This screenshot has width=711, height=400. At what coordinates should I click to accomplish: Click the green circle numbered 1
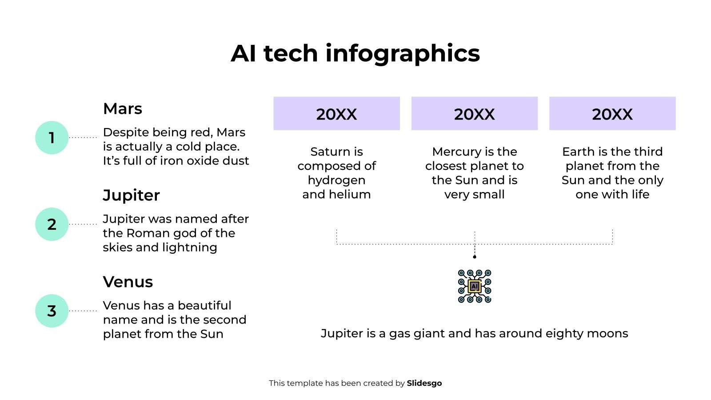pyautogui.click(x=52, y=138)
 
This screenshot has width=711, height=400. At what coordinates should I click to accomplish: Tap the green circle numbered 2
pyautogui.click(x=52, y=224)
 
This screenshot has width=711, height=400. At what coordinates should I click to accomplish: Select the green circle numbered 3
pyautogui.click(x=52, y=311)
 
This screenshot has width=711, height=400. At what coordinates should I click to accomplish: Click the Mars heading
pyautogui.click(x=122, y=109)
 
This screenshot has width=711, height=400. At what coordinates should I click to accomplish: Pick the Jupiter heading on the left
pyautogui.click(x=131, y=196)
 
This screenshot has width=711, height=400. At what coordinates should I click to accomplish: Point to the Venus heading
pyautogui.click(x=128, y=282)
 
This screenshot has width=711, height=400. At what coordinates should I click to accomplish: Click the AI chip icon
pyautogui.click(x=475, y=286)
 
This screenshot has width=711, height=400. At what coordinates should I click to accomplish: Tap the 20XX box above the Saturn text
pyautogui.click(x=336, y=114)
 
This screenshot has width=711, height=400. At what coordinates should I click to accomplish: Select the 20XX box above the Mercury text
pyautogui.click(x=474, y=114)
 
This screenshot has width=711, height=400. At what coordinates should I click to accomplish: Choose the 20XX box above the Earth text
pyautogui.click(x=612, y=114)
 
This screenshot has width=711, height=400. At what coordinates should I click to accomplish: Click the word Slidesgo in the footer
pyautogui.click(x=424, y=383)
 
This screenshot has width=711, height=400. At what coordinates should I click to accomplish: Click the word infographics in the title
pyautogui.click(x=403, y=53)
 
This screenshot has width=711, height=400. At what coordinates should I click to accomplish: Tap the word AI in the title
pyautogui.click(x=243, y=53)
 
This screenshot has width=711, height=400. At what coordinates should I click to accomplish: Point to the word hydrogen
pyautogui.click(x=336, y=180)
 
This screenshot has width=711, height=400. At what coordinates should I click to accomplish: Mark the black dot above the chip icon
pyautogui.click(x=475, y=257)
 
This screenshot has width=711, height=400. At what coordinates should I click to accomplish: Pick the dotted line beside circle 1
pyautogui.click(x=83, y=137)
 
